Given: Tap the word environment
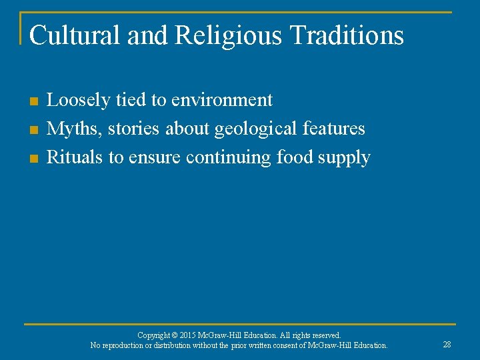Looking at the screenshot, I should click(221, 101).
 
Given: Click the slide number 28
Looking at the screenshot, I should click(447, 344).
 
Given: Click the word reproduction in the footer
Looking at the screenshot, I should click(127, 345).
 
